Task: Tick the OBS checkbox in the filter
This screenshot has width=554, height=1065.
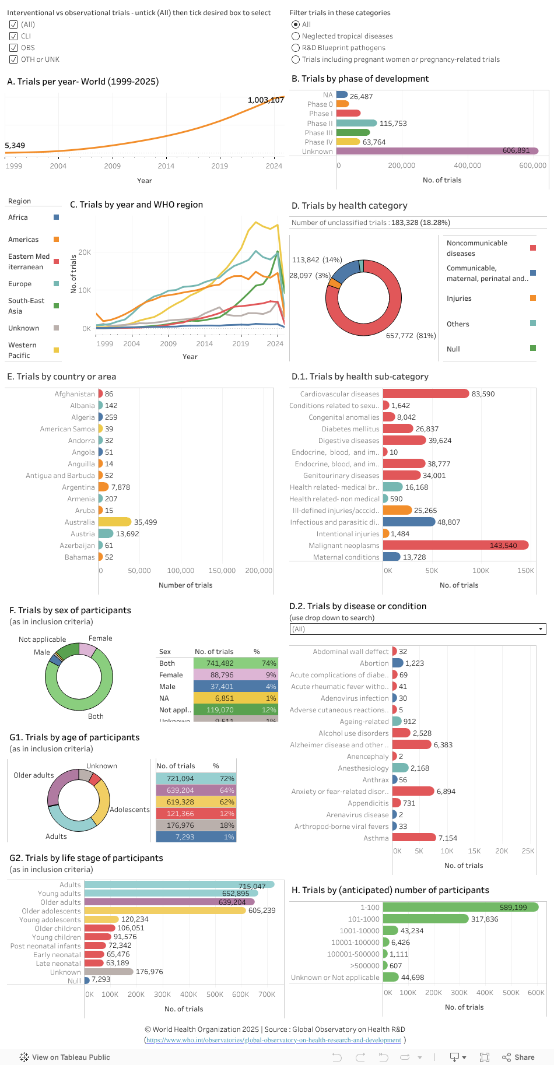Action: (x=13, y=48)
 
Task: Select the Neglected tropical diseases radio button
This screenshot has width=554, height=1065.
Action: (x=296, y=36)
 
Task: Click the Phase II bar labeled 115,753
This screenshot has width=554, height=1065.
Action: (x=356, y=123)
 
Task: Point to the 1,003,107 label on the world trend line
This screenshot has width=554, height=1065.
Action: (x=265, y=100)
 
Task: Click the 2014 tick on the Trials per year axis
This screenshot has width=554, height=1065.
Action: (x=166, y=166)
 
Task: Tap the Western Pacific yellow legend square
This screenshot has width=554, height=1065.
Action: (x=57, y=350)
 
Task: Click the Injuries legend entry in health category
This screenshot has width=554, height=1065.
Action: (x=459, y=298)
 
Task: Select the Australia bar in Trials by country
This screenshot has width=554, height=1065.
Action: (x=115, y=522)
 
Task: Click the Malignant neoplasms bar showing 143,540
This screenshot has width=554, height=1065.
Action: (x=455, y=545)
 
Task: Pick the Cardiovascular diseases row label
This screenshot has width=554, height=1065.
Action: (x=339, y=394)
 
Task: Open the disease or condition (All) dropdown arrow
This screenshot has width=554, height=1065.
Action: (x=541, y=629)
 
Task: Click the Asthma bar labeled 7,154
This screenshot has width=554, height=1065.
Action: (x=413, y=837)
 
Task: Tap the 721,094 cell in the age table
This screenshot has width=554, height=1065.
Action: (x=180, y=778)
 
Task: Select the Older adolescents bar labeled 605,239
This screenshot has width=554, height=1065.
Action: (x=165, y=910)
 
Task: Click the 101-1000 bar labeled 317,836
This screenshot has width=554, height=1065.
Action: (x=426, y=919)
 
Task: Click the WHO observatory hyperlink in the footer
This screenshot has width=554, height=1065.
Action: (x=274, y=1040)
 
